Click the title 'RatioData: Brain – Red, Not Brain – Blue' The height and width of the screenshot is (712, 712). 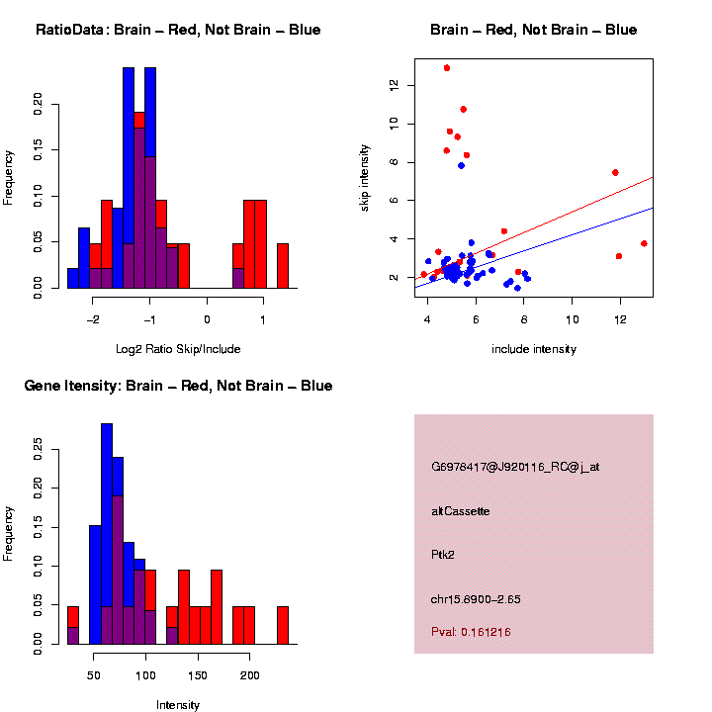(x=178, y=30)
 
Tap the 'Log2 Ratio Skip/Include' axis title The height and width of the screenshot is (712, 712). (x=178, y=348)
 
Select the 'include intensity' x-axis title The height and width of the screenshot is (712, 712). (x=534, y=348)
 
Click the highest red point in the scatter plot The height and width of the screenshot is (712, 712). (x=447, y=68)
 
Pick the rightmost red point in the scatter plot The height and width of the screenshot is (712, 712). (x=644, y=243)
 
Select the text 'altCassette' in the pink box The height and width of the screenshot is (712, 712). (x=461, y=511)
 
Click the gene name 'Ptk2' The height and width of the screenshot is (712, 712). (x=443, y=554)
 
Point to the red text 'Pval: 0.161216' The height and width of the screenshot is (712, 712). (x=471, y=631)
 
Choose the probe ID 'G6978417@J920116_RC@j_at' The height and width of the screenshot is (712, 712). (x=515, y=467)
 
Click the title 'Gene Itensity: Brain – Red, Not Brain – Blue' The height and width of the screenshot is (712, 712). (x=178, y=386)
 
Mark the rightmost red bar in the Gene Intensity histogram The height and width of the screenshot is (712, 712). (x=282, y=625)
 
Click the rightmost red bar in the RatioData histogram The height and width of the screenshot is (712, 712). (x=282, y=266)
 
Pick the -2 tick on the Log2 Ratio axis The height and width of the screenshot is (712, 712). (x=94, y=319)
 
